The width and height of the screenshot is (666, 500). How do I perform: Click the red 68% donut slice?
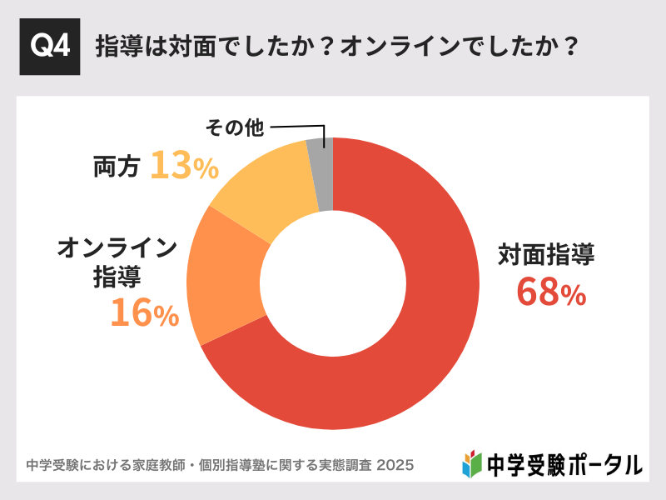(x=416, y=350)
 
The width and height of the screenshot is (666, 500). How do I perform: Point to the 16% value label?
(x=144, y=312)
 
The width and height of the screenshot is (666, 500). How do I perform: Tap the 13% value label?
(x=184, y=166)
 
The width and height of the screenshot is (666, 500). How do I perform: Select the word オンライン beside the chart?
(x=117, y=247)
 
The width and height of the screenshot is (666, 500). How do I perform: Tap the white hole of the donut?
(x=332, y=283)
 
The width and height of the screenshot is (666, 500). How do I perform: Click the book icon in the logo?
(x=472, y=462)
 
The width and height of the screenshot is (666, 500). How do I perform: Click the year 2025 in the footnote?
(x=395, y=463)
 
